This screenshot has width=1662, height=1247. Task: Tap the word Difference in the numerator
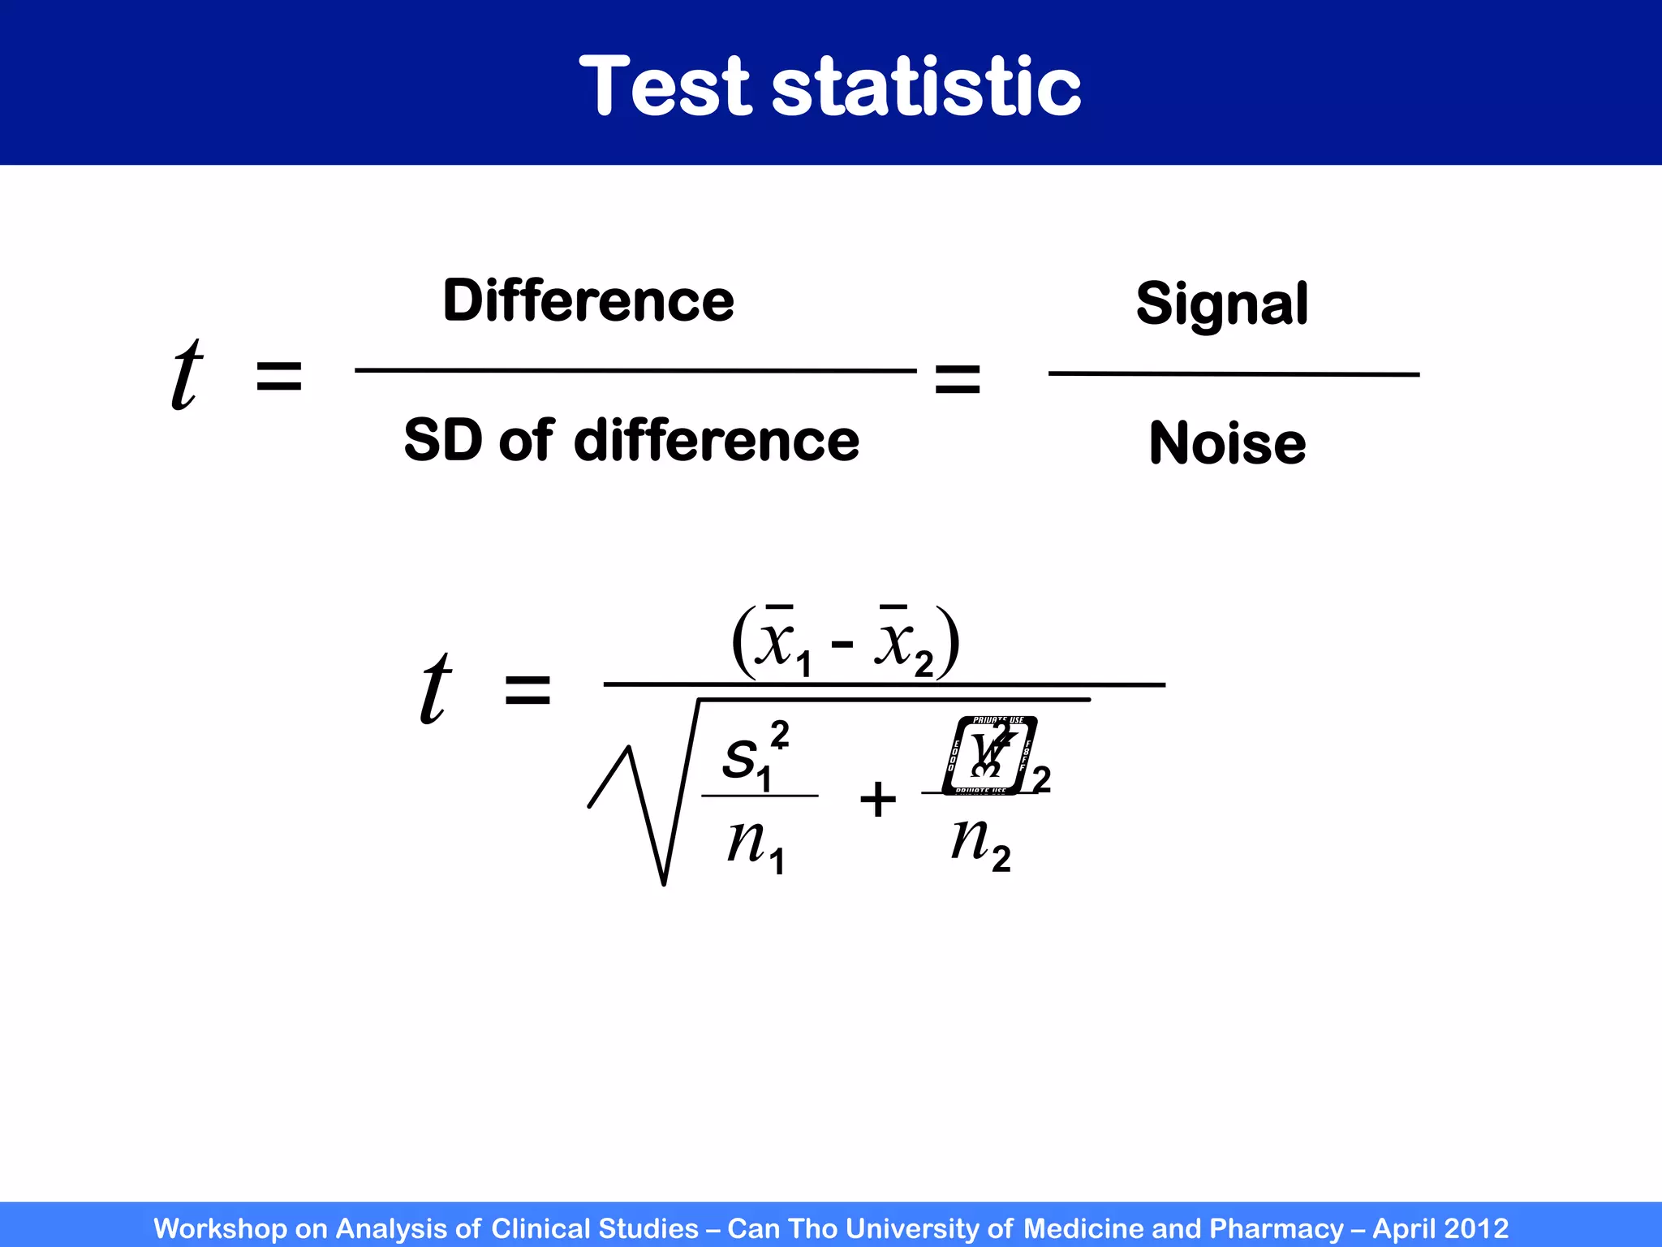point(588,300)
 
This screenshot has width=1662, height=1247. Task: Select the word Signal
point(1221,304)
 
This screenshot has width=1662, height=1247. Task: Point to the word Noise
point(1227,443)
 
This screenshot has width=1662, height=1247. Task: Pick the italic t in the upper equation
point(187,374)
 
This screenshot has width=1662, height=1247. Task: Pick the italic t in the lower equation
point(436,687)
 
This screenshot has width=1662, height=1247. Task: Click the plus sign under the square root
point(877,800)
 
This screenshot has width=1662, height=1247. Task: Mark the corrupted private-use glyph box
point(988,755)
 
